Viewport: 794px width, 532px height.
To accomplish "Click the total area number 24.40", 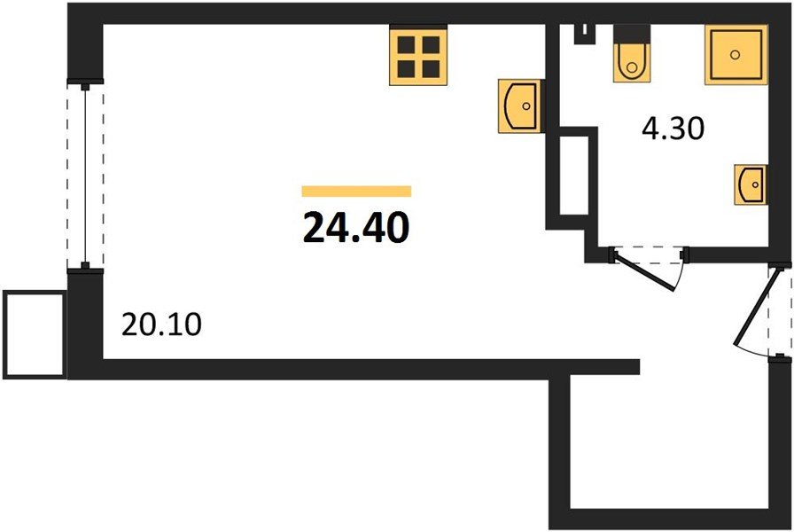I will [x=356, y=228].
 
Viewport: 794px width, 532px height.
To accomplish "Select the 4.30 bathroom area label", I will [x=672, y=129].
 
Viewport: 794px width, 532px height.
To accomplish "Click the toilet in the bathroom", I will [x=631, y=58].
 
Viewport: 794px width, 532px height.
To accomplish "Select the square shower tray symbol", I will [x=735, y=55].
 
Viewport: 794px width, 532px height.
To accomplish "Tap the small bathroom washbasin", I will [x=750, y=184].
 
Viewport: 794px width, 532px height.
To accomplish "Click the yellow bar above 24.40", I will [x=356, y=191].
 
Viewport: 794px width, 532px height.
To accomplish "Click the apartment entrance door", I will [x=760, y=310].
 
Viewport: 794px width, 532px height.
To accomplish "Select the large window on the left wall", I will [x=85, y=175].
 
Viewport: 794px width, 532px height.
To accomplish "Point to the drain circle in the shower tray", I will [x=735, y=54].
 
